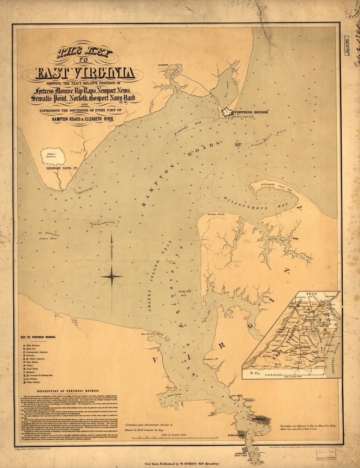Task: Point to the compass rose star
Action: (112, 276)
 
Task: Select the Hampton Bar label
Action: (182, 129)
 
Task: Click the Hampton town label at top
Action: (163, 65)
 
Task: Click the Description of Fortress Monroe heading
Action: (68, 391)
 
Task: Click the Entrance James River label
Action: (49, 236)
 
